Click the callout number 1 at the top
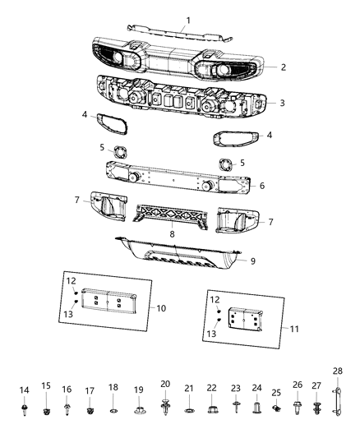187,20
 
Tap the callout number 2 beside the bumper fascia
282,67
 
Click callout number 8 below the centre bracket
171,234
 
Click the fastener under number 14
24,407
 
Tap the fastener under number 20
165,403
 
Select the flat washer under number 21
189,408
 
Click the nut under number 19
138,408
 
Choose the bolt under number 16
67,408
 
